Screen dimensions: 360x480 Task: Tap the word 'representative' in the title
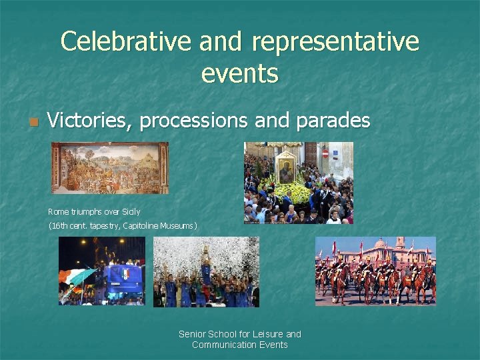pos(336,41)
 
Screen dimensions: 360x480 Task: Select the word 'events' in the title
pos(239,73)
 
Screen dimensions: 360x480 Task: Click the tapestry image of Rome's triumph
pos(110,167)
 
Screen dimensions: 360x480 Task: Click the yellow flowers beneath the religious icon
pos(293,193)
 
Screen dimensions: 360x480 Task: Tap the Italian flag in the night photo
pos(79,275)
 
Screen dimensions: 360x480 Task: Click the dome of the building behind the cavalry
pos(400,242)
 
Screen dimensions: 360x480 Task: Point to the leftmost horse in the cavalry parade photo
pos(325,279)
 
